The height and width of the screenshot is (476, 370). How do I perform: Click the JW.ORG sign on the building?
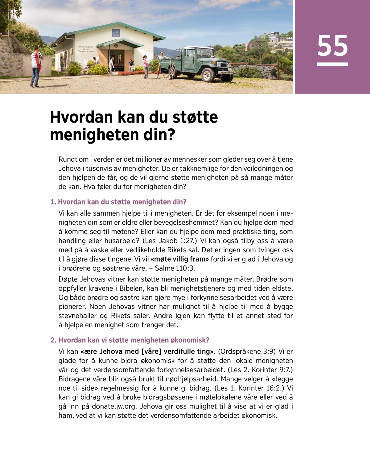[x=116, y=33]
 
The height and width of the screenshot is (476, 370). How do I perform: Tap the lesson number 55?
[x=332, y=46]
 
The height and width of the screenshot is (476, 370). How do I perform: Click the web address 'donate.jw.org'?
[x=114, y=406]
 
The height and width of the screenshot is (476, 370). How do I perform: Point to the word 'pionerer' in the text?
[x=72, y=307]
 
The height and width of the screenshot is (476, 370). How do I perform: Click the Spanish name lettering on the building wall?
[x=86, y=49]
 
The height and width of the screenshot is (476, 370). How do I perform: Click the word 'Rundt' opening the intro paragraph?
[x=68, y=159]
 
